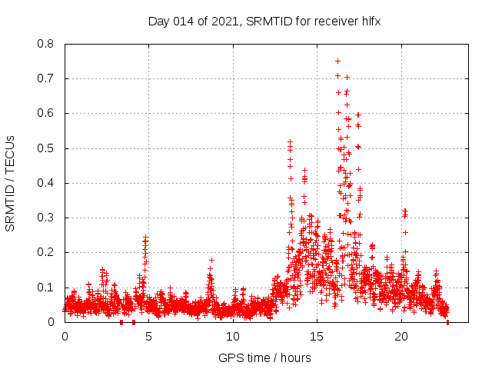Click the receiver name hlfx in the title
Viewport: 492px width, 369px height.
pos(369,21)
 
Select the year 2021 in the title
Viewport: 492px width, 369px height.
pos(222,21)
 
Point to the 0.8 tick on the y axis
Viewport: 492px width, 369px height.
pos(46,44)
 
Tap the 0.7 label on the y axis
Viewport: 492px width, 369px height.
pos(46,78)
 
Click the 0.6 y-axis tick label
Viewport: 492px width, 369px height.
pos(46,113)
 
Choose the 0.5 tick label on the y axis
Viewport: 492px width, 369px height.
pos(46,148)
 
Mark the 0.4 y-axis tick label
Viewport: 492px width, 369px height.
pos(46,183)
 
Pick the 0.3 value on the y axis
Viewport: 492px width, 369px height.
pos(46,218)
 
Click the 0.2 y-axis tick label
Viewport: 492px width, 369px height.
pos(46,252)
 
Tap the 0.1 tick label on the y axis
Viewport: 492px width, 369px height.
pos(46,288)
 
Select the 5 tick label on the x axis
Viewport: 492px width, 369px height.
pos(148,337)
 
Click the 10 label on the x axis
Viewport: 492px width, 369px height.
pos(233,337)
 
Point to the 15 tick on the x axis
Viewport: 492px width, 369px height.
pos(317,337)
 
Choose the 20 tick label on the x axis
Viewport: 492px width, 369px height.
pos(401,337)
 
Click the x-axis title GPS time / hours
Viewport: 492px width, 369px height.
pos(264,357)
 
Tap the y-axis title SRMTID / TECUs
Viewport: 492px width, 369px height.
pos(11,184)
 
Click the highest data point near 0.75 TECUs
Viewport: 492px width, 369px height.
pos(337,61)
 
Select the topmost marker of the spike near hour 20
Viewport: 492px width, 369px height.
pos(404,210)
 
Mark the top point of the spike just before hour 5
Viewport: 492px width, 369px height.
pos(146,237)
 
